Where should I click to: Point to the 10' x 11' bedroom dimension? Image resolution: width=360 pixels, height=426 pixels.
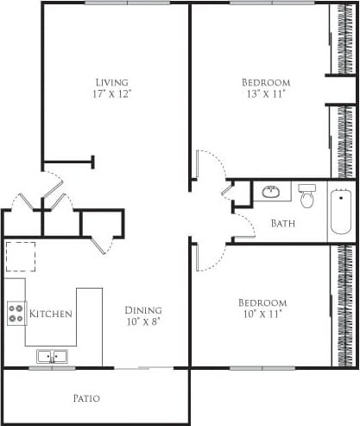coord(262,315)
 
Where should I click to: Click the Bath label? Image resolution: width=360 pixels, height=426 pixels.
coord(283,224)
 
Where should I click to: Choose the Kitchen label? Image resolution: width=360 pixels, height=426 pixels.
coord(50,313)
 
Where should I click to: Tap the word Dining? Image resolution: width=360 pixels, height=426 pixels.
coord(142,310)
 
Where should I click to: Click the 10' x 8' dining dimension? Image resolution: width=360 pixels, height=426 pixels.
coord(142,321)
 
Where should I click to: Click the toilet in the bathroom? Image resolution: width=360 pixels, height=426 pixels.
coord(306,198)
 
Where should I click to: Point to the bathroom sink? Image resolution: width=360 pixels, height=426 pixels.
coord(271,192)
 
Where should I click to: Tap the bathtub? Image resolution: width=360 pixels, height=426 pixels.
coord(341,213)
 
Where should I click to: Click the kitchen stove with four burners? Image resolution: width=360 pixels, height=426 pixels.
coord(16,313)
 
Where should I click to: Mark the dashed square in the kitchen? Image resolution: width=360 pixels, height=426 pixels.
coord(19,258)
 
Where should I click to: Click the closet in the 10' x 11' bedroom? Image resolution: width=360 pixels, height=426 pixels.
coord(344,305)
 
